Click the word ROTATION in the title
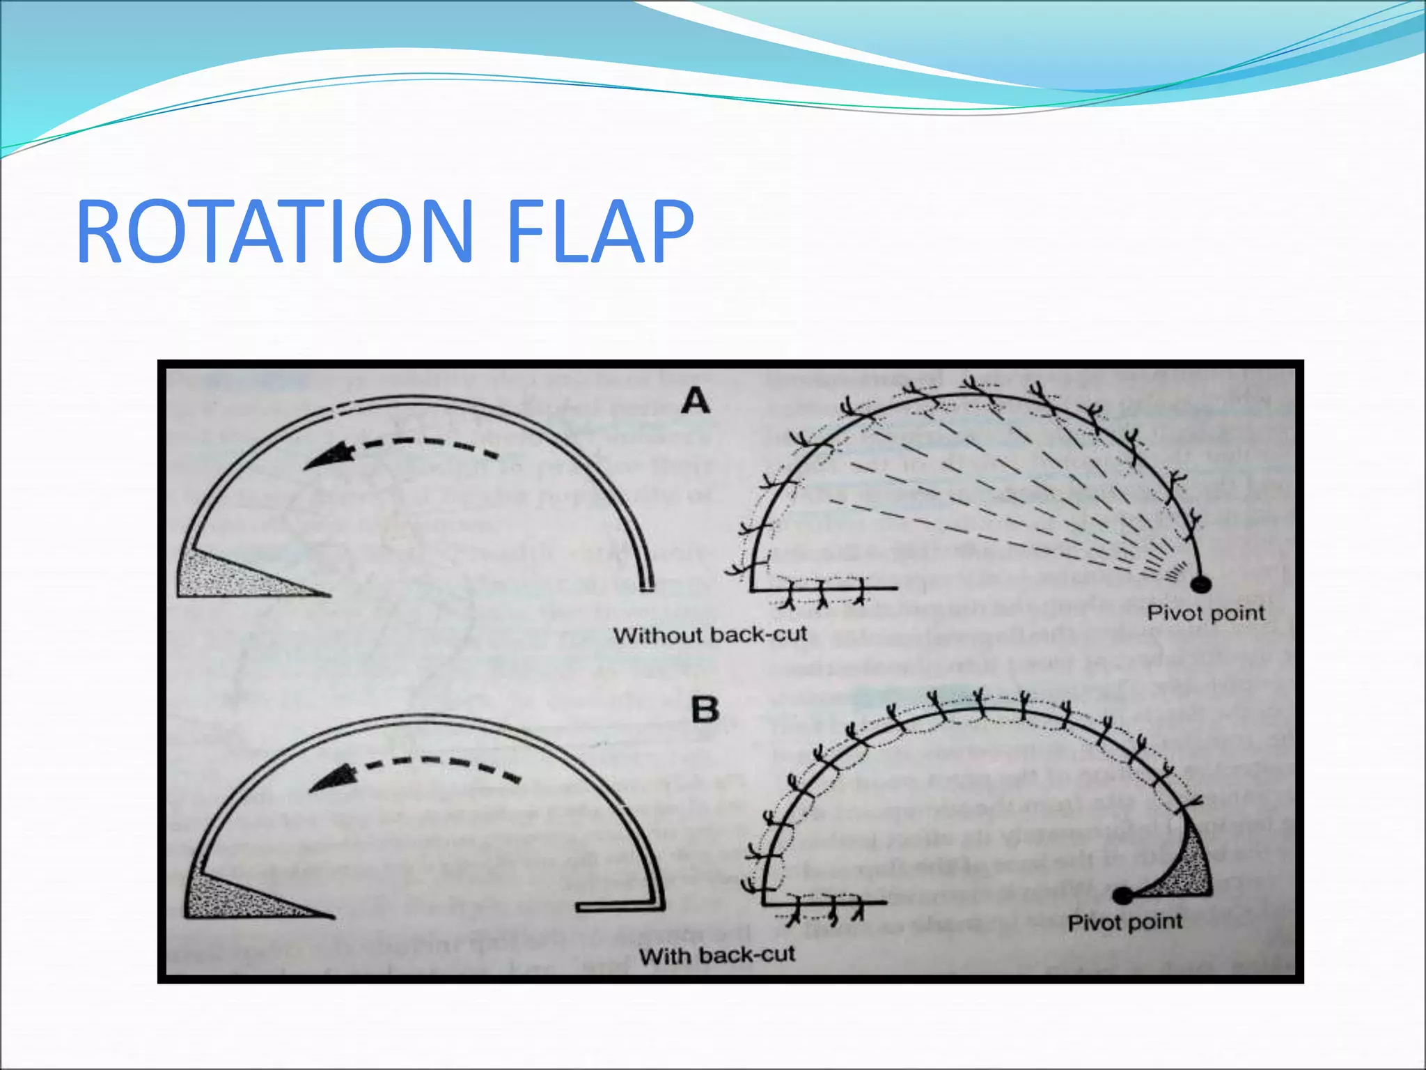coord(275,231)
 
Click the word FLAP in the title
coord(600,231)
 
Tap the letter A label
coord(696,402)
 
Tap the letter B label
coord(704,711)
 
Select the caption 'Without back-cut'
coord(710,635)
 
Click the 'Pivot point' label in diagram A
coord(1205,614)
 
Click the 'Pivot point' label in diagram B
coord(1125,923)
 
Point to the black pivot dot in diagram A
coord(1201,584)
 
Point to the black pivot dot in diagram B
coord(1122,895)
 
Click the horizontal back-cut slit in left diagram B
coord(616,907)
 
